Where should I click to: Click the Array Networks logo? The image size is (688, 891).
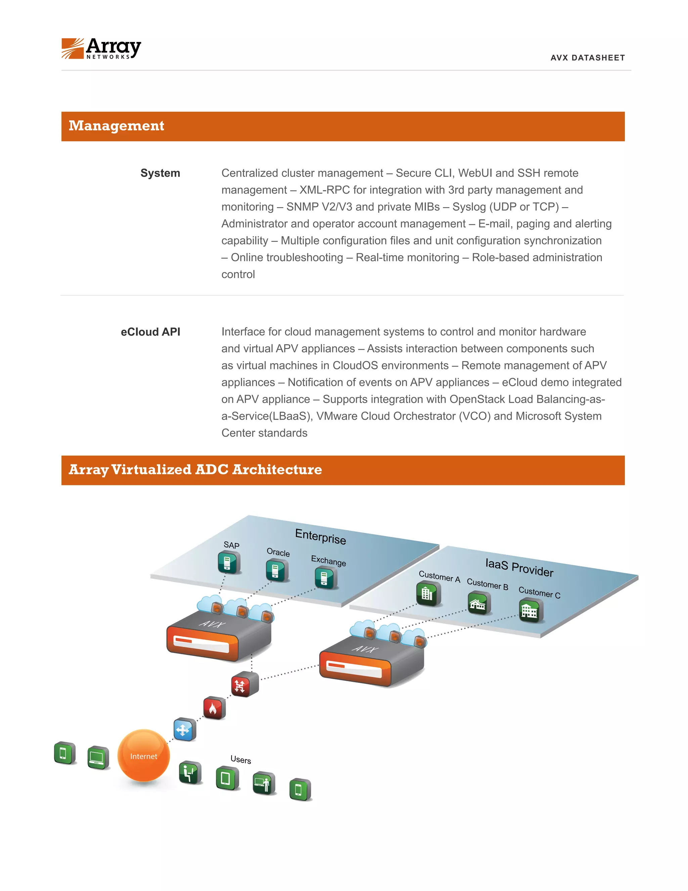pyautogui.click(x=101, y=48)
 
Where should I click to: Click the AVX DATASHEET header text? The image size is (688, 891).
pyautogui.click(x=587, y=58)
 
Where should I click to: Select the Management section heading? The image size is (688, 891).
pyautogui.click(x=117, y=126)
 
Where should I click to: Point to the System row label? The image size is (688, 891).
pyautogui.click(x=160, y=173)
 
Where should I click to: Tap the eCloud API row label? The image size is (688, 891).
pyautogui.click(x=150, y=332)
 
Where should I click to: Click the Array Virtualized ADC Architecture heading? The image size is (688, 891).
pyautogui.click(x=195, y=470)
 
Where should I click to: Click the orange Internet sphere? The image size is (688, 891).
pyautogui.click(x=143, y=756)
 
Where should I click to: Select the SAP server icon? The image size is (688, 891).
pyautogui.click(x=228, y=563)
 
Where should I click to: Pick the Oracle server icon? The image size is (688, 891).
pyautogui.click(x=277, y=570)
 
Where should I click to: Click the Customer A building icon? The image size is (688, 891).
pyautogui.click(x=428, y=593)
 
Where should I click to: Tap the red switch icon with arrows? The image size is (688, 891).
pyautogui.click(x=244, y=684)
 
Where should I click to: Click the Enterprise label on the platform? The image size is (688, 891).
pyautogui.click(x=320, y=536)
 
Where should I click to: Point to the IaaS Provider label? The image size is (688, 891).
pyautogui.click(x=519, y=568)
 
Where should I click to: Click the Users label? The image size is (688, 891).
pyautogui.click(x=241, y=759)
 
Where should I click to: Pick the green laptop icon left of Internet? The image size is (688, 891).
pyautogui.click(x=98, y=758)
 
